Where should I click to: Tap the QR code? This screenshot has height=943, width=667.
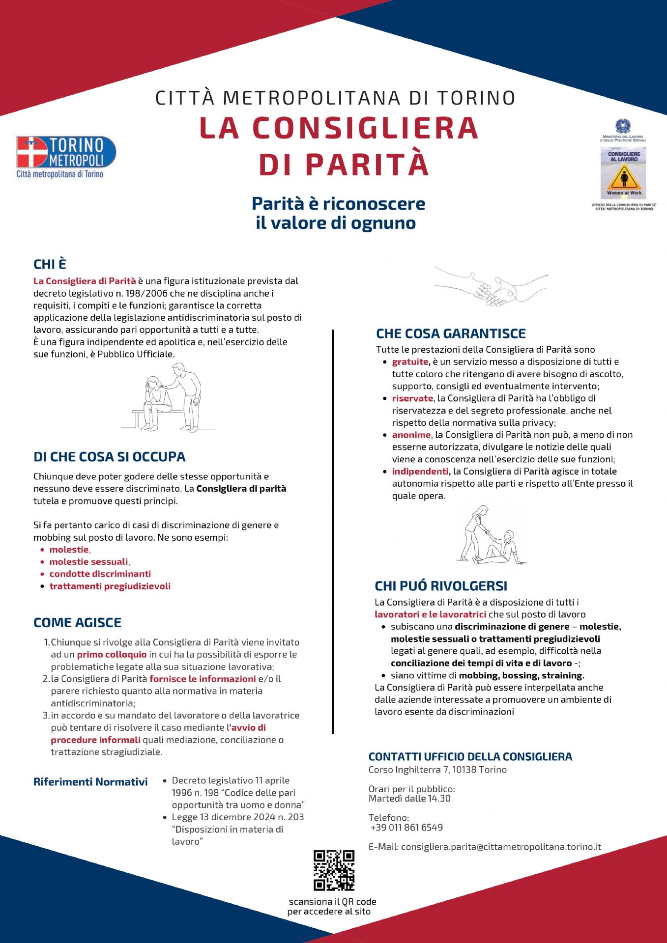tap(334, 870)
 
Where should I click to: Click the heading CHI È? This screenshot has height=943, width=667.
tap(50, 264)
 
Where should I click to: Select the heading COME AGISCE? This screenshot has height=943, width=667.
tap(77, 622)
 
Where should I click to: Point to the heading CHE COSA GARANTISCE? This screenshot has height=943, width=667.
tap(451, 333)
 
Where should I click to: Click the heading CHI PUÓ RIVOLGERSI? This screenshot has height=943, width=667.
tap(441, 585)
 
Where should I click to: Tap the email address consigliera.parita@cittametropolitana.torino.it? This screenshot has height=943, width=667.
tap(501, 847)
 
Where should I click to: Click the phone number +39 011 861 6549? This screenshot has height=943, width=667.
tap(406, 828)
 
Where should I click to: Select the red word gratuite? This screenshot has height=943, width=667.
tap(410, 362)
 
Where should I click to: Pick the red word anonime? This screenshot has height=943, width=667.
tap(411, 435)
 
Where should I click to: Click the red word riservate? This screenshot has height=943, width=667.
tap(412, 398)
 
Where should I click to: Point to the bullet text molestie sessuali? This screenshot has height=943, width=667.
tap(88, 562)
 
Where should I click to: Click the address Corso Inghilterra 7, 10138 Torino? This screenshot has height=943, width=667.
tap(437, 770)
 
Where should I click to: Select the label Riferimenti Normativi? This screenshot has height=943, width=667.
tap(90, 782)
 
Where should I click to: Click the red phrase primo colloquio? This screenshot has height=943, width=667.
tap(112, 654)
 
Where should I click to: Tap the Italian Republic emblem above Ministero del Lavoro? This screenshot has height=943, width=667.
tap(623, 126)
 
